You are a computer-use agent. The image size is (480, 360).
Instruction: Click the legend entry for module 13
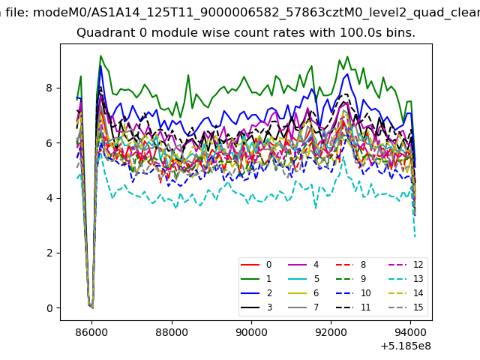pyautogui.click(x=406, y=279)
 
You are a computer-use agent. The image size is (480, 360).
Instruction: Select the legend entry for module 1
pyautogui.click(x=256, y=279)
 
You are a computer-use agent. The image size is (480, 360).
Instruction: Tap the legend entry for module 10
pyautogui.click(x=353, y=293)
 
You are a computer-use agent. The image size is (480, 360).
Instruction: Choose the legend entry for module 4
pyautogui.click(x=304, y=265)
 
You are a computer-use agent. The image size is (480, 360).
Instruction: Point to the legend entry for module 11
pyautogui.click(x=353, y=307)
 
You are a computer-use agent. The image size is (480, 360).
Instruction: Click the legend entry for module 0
pyautogui.click(x=256, y=265)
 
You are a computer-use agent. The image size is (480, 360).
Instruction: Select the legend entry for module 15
pyautogui.click(x=406, y=307)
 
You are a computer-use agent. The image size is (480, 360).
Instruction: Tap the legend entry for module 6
pyautogui.click(x=304, y=293)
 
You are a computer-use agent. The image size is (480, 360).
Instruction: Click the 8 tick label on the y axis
pyautogui.click(x=49, y=88)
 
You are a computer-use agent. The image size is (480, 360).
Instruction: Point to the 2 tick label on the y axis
pyautogui.click(x=49, y=253)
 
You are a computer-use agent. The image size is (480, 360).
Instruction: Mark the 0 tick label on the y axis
pyautogui.click(x=49, y=308)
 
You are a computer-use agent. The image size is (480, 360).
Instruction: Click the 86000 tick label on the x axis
pyautogui.click(x=91, y=332)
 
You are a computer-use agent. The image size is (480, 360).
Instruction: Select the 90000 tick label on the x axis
pyautogui.click(x=251, y=332)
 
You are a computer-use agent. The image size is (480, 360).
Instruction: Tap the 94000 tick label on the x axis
pyautogui.click(x=410, y=332)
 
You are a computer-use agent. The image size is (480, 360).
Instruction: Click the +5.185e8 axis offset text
pyautogui.click(x=406, y=346)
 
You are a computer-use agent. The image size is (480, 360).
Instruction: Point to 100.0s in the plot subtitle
pyautogui.click(x=358, y=32)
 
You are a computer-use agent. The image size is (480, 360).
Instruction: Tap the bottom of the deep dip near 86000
pyautogui.click(x=92, y=307)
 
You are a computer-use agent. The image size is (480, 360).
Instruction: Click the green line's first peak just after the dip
pyautogui.click(x=100, y=56)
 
